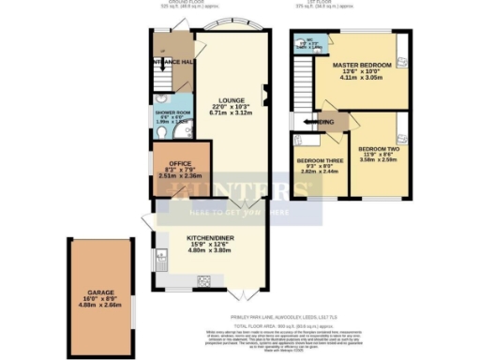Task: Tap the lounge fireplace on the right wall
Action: pyautogui.click(x=265, y=91)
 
